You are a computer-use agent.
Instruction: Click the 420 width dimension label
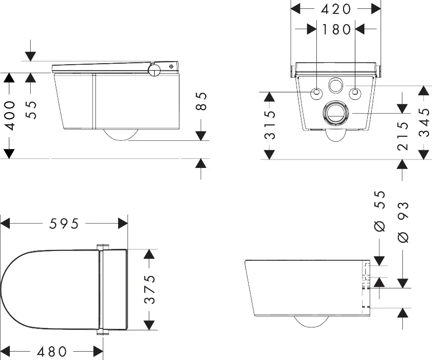tap(336, 9)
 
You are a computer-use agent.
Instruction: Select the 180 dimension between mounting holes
tap(336, 29)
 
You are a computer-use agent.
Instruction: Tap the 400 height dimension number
tap(9, 116)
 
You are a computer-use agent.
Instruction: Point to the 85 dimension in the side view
tap(201, 102)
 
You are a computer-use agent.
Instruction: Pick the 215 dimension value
tap(403, 136)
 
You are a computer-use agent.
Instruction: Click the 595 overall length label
tap(64, 224)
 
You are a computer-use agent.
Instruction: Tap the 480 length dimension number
tap(52, 352)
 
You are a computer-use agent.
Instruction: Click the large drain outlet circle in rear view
tap(336, 114)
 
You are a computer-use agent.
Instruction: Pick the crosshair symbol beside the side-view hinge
tap(172, 66)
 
